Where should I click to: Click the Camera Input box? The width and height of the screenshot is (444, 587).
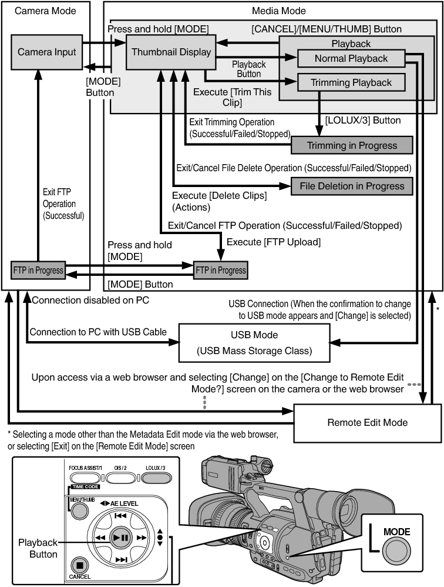point(47,52)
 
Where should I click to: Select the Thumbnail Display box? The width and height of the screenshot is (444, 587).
point(171,52)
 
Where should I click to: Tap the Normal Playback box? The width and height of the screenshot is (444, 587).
point(351,58)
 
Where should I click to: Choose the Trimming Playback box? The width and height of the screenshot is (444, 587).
point(351,82)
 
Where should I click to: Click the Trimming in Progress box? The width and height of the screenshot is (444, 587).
point(352,145)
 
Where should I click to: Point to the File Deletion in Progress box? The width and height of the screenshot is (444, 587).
point(352,186)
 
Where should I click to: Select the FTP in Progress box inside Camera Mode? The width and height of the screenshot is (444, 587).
point(38,271)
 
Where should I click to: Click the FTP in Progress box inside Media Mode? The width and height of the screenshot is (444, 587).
point(221,271)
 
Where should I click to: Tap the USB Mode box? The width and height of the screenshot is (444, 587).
point(254,343)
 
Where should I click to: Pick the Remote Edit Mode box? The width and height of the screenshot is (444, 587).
point(367,422)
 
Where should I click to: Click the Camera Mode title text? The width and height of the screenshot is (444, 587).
point(45,11)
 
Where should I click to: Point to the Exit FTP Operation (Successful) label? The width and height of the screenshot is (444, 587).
point(63,204)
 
